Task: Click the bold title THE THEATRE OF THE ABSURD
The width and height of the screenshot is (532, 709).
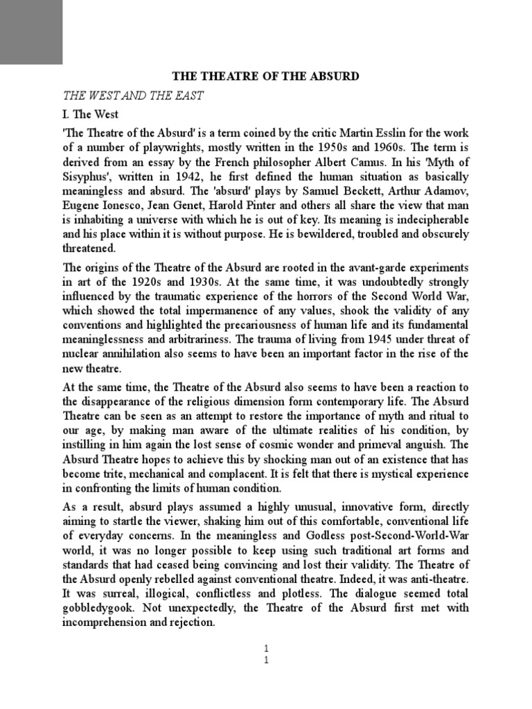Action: pyautogui.click(x=266, y=76)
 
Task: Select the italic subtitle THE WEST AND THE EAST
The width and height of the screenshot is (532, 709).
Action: pyautogui.click(x=133, y=96)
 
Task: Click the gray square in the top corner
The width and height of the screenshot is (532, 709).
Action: pyautogui.click(x=31, y=32)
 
